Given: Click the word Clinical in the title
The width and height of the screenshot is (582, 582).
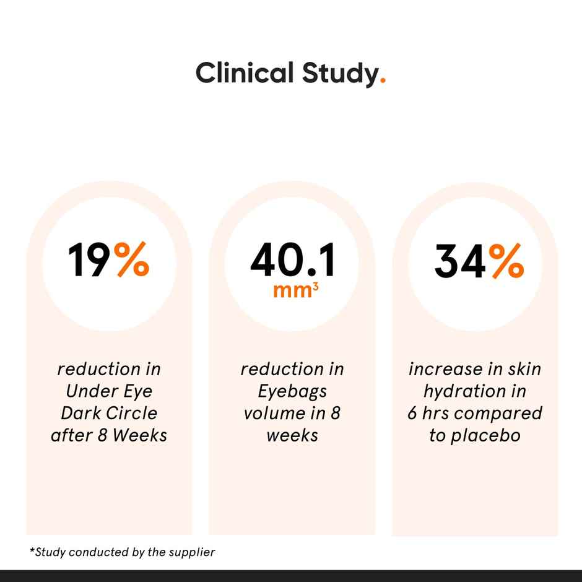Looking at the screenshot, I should point(245,73).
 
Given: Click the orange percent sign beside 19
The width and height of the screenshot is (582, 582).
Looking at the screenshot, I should point(132,261).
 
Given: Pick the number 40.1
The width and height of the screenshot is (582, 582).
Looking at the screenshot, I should point(292,261).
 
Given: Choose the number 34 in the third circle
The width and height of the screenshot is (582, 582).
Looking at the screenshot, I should point(459,261).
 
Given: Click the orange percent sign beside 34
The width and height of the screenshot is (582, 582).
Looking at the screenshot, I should point(505,261).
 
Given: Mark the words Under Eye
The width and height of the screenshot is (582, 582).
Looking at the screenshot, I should point(109,391).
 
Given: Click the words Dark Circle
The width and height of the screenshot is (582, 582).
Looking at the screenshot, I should point(109,414).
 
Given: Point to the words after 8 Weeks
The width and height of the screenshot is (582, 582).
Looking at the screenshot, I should point(109,435).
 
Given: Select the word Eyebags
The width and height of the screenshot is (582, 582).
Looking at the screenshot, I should point(292,391).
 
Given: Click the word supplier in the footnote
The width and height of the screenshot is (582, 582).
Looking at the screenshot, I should point(191,552).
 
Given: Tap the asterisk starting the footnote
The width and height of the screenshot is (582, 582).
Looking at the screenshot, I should point(32,550).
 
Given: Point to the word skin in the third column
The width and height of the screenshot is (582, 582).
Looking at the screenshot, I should point(521,369).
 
